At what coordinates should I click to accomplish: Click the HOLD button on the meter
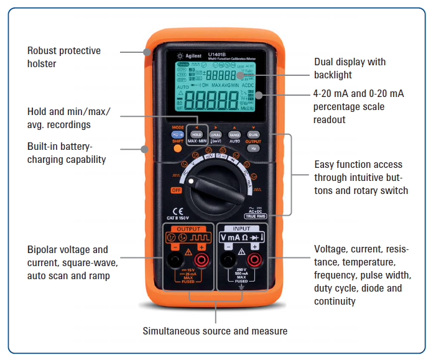(x=197, y=134)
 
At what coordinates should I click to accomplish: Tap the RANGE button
(x=234, y=134)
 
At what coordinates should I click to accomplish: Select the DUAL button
(x=253, y=134)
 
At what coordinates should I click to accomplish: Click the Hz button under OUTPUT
(x=254, y=149)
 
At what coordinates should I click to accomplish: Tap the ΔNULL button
(x=216, y=134)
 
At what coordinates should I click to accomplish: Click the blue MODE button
(x=178, y=135)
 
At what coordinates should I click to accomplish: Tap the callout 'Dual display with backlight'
(x=350, y=68)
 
